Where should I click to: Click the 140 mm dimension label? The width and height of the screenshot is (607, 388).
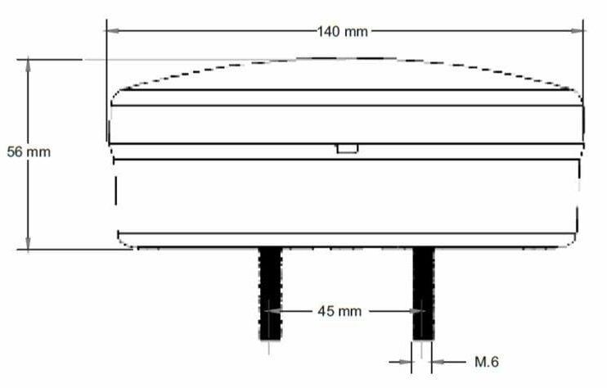[x=343, y=32]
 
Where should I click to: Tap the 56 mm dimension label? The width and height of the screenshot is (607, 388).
[x=29, y=151]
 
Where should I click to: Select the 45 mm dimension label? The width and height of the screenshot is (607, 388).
[x=339, y=312]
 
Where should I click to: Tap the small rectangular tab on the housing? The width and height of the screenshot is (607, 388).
[x=347, y=148]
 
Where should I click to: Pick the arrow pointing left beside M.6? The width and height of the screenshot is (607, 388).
[x=437, y=361]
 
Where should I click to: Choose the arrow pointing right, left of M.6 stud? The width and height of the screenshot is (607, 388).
[x=406, y=361]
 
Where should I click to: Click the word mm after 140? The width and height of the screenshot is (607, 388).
[x=355, y=32]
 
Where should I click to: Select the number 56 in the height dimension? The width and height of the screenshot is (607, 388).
[x=14, y=151]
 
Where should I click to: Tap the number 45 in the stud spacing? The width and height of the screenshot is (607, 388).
[x=326, y=312]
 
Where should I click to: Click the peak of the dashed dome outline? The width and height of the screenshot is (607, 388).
[x=348, y=57]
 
